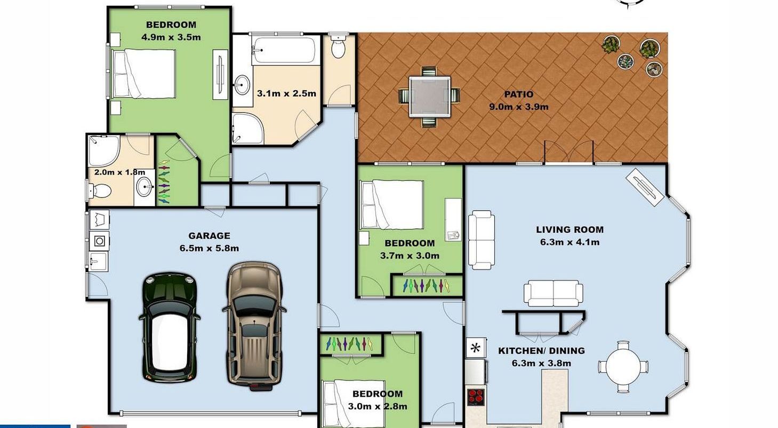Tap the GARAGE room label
209,236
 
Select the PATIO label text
518,94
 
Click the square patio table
430,97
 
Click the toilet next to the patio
338,47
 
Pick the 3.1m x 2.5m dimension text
286,93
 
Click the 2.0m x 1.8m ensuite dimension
120,172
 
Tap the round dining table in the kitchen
623,367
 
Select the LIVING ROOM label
570,229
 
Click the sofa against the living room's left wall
482,240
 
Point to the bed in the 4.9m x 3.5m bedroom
143,73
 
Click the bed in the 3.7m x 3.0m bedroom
392,204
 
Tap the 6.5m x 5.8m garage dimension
209,248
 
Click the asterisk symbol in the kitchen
475,348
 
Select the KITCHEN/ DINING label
541,351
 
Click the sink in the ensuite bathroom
144,187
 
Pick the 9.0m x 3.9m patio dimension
518,107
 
